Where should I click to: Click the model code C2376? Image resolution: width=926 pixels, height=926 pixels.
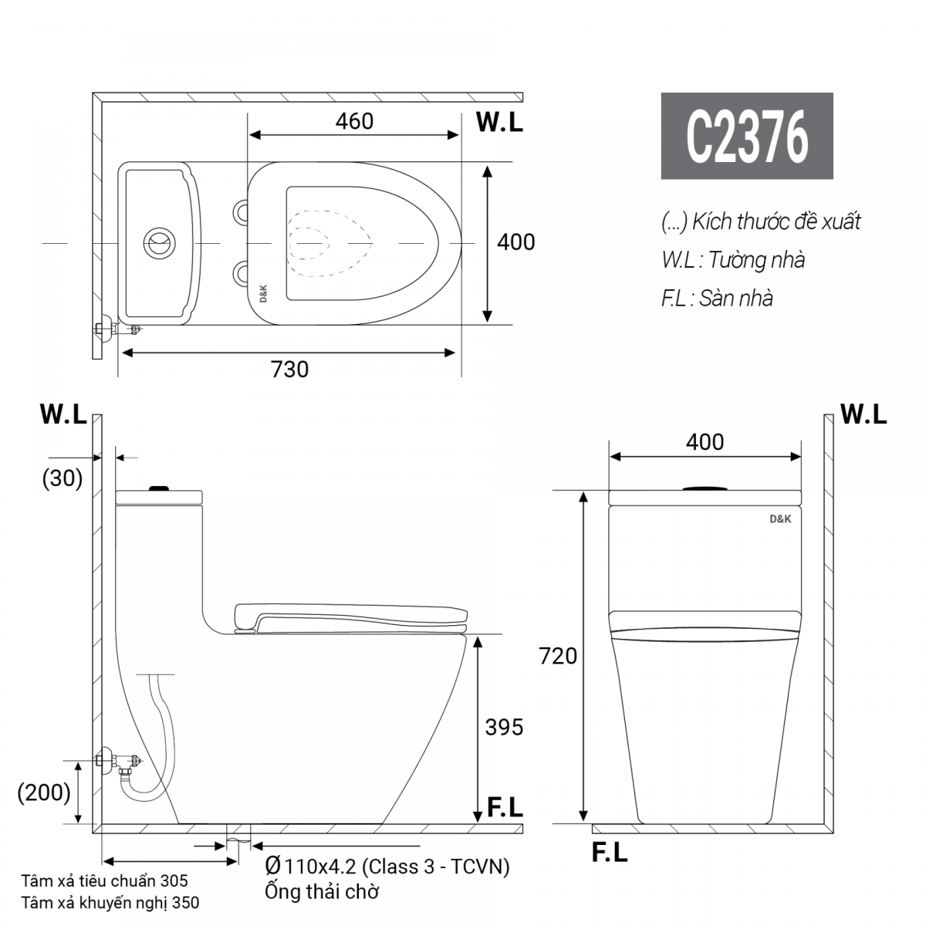point(746,137)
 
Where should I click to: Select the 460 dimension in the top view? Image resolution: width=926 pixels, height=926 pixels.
point(354,121)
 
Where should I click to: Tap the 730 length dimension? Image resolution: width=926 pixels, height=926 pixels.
point(289,370)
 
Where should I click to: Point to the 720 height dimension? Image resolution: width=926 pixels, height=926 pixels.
point(558,656)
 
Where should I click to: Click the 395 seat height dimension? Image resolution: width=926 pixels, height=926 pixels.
point(504,727)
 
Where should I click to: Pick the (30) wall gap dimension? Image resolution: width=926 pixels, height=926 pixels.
point(63,478)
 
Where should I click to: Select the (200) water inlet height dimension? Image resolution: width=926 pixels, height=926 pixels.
point(45,792)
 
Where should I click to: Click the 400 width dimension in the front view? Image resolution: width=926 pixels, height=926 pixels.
point(705,441)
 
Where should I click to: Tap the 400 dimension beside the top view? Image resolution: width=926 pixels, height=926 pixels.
point(515,242)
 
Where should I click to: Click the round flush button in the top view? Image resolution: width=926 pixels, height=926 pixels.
point(160,243)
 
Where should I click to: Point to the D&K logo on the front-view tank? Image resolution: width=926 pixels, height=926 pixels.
point(780,519)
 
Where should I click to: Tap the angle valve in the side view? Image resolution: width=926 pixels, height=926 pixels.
point(116,762)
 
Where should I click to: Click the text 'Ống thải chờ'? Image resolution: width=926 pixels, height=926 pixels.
point(322,892)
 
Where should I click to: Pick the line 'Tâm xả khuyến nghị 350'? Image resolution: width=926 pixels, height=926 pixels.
point(110,902)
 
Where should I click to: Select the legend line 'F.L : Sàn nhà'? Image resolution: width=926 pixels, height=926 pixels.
point(717,298)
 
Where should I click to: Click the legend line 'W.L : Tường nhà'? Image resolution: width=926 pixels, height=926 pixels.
point(732,259)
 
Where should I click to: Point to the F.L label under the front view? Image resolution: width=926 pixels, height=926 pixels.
point(610,853)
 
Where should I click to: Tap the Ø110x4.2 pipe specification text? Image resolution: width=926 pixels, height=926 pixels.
point(387,866)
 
